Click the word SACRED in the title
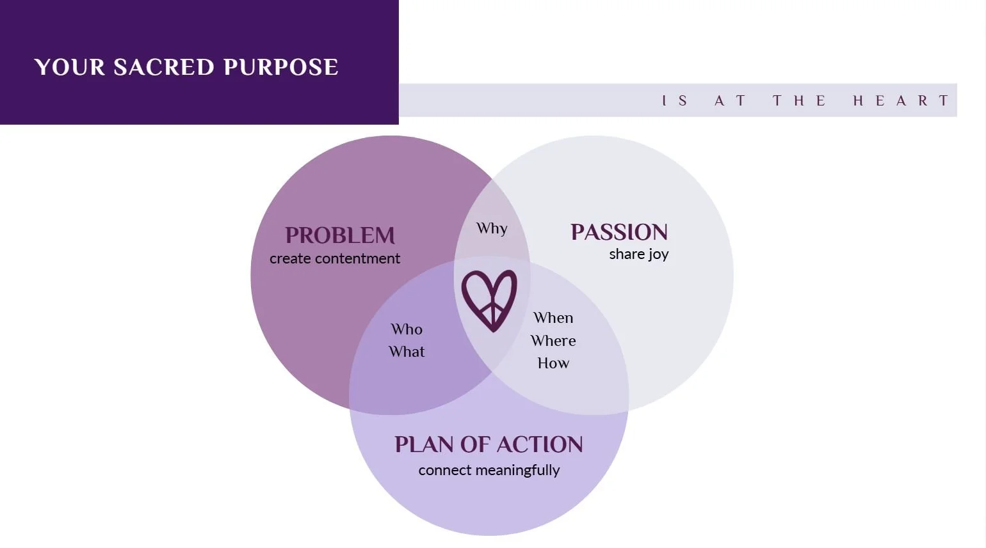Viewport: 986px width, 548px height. point(163,67)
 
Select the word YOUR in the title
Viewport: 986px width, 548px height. point(70,67)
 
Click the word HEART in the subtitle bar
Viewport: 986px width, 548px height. point(900,100)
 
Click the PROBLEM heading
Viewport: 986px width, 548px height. point(340,235)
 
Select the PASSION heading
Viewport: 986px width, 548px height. point(619,232)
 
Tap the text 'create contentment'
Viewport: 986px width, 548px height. point(335,258)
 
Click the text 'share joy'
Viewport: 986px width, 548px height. point(638,254)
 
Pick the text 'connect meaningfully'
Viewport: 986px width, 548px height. point(489,470)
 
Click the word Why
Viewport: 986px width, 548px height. point(492,228)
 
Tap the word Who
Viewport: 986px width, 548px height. point(407,329)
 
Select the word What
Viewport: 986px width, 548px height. point(407,352)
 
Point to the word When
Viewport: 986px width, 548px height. point(553,318)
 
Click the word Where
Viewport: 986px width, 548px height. point(553,341)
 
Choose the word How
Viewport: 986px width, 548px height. point(553,363)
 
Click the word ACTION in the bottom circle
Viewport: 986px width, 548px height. point(540,444)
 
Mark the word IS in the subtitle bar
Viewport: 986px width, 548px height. point(675,100)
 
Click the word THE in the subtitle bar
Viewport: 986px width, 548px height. point(799,100)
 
